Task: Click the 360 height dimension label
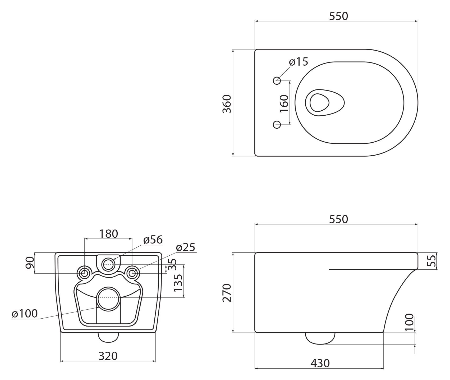coord(227,104)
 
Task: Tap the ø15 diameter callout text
coord(299,62)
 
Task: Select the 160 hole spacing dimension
coord(284,103)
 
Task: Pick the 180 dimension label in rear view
coord(108,234)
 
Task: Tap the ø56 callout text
coord(153,240)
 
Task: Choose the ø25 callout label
coord(185,248)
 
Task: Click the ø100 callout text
coord(25,314)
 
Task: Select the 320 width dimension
coord(108,356)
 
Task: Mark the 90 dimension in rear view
coord(30,263)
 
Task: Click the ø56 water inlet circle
coord(108,264)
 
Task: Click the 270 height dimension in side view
coord(227,293)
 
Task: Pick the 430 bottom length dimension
coord(320,363)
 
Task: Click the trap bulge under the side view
coord(320,338)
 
